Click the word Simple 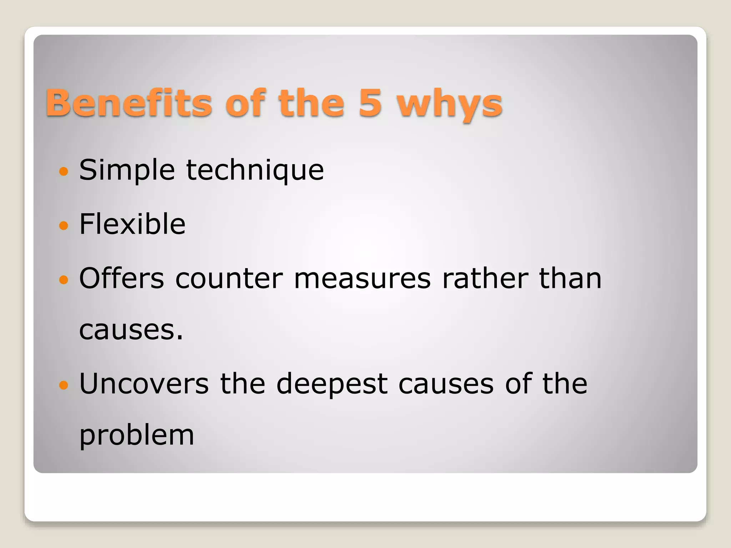click(x=127, y=171)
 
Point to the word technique click(x=255, y=171)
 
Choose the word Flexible click(x=132, y=224)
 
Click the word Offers click(x=121, y=279)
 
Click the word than click(x=570, y=279)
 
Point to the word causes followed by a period click(x=131, y=330)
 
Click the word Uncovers click(x=144, y=384)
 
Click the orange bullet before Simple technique click(x=64, y=172)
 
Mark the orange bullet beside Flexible click(x=64, y=225)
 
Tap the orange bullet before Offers click(x=64, y=280)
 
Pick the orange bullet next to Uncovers click(x=64, y=385)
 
